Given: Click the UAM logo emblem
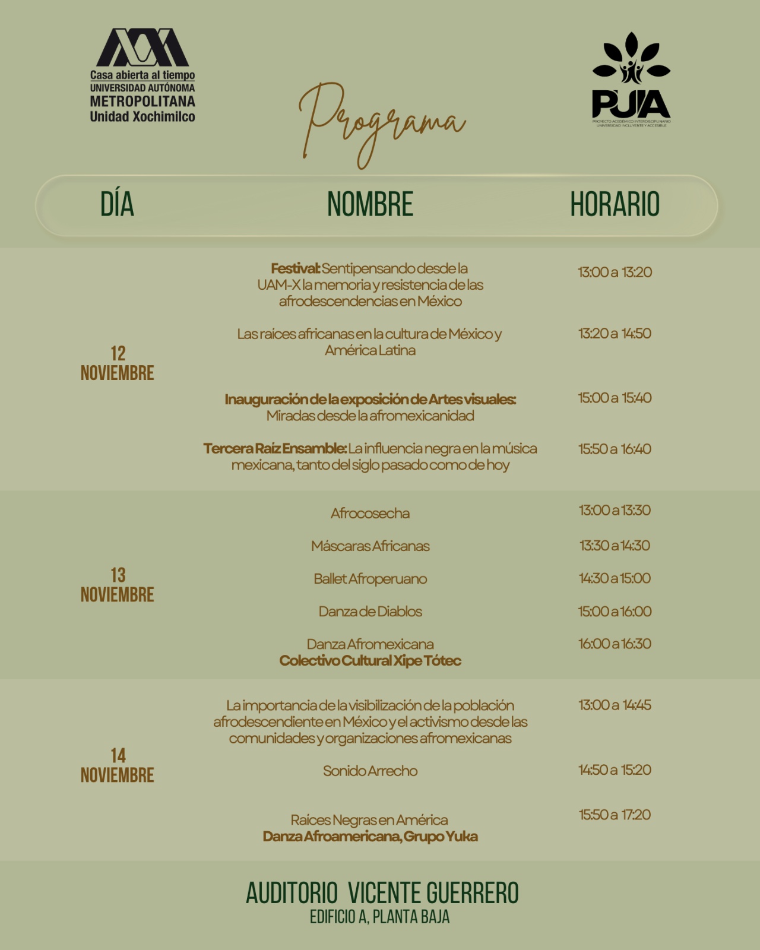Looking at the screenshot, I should pyautogui.click(x=142, y=47).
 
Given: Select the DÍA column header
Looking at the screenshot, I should pyautogui.click(x=117, y=204).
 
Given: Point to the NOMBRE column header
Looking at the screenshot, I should pyautogui.click(x=370, y=204).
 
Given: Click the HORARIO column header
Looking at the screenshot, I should pyautogui.click(x=615, y=204).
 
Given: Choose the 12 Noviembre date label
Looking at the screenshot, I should pyautogui.click(x=118, y=363).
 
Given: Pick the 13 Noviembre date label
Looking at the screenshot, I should pyautogui.click(x=118, y=584).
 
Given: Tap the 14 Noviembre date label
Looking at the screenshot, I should pyautogui.click(x=118, y=765).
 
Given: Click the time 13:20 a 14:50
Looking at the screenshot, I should pyautogui.click(x=615, y=333).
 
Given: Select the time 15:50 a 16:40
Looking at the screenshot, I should pyautogui.click(x=615, y=449).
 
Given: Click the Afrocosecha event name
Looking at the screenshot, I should pyautogui.click(x=370, y=513).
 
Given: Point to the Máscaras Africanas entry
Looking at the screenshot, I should pyautogui.click(x=370, y=546).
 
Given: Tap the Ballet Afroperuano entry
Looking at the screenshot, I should pyautogui.click(x=370, y=578).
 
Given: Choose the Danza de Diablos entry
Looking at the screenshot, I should pyautogui.click(x=370, y=611).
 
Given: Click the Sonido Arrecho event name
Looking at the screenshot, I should pyautogui.click(x=370, y=771).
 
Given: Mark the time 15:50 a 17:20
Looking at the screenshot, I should pyautogui.click(x=615, y=815).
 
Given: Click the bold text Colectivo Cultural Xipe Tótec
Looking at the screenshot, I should pyautogui.click(x=370, y=660).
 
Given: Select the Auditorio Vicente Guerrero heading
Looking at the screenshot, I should pyautogui.click(x=382, y=893).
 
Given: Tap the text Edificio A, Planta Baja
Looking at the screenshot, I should pyautogui.click(x=379, y=917).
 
